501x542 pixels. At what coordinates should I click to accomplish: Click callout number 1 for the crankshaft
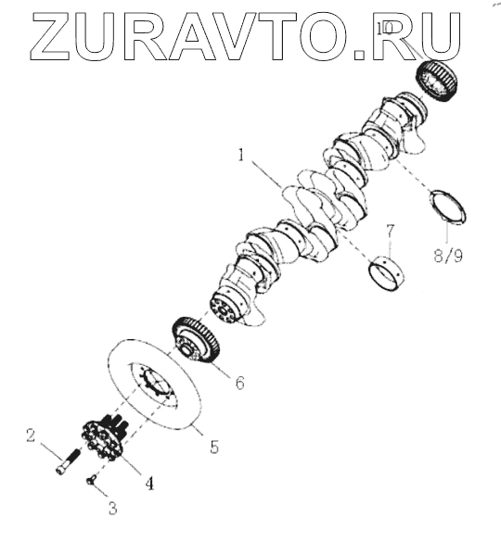(x=241, y=156)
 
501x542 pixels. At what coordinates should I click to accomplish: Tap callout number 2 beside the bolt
(x=31, y=435)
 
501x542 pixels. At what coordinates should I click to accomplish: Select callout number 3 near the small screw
(x=112, y=508)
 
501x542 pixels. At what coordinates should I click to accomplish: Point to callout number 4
(x=149, y=483)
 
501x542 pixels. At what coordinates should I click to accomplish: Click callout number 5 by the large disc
(x=214, y=447)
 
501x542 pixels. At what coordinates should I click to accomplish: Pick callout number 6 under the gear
(x=240, y=383)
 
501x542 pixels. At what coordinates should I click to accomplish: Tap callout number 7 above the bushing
(x=391, y=232)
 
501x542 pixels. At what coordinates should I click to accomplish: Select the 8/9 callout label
(x=448, y=256)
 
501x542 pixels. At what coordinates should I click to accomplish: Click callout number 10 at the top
(x=384, y=29)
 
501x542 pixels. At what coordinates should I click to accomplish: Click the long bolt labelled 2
(x=68, y=461)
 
